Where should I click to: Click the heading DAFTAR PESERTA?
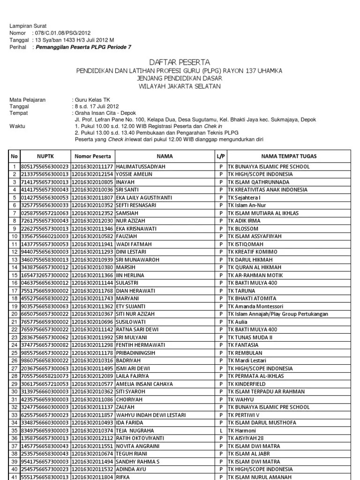(x=180, y=62)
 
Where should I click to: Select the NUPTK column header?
(x=45, y=156)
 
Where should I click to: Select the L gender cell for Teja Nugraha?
(x=220, y=430)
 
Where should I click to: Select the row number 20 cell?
(x=15, y=314)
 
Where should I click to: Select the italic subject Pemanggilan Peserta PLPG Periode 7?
(x=82, y=47)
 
